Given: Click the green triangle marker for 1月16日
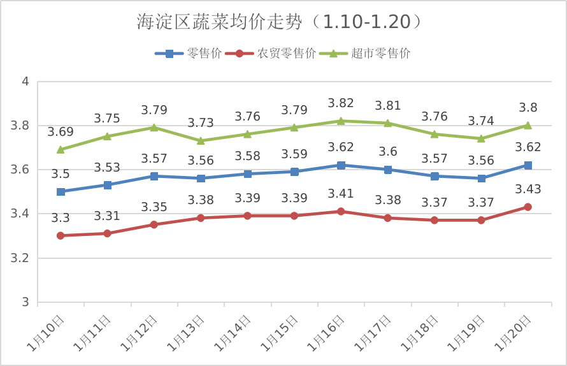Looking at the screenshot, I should point(341,121).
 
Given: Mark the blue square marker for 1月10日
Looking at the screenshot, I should point(61,191).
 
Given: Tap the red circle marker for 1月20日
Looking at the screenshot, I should point(528,207).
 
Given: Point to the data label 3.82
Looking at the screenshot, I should point(341,103).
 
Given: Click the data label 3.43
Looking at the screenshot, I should point(528,189).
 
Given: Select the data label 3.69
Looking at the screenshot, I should point(61,132).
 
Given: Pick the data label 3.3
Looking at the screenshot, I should point(61,218).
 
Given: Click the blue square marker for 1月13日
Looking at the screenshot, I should point(201,179).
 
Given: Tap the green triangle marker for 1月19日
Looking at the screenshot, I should point(481,138).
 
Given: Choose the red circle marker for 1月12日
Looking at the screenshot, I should point(154,224).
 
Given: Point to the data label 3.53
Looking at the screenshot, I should point(107,167).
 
